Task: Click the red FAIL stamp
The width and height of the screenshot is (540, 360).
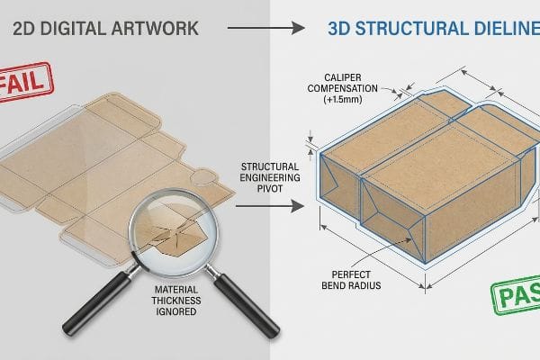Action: coord(25,82)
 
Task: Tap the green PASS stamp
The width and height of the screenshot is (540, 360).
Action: coord(517,295)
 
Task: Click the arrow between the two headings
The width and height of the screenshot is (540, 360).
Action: coord(265,28)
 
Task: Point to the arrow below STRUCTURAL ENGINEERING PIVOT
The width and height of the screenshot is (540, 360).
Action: coord(270,206)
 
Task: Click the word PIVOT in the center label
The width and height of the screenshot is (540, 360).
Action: coord(270,188)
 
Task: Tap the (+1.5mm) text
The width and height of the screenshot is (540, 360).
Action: coord(343,100)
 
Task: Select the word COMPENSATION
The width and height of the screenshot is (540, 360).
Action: coord(343,88)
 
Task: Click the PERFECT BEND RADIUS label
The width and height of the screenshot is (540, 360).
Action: coord(351,280)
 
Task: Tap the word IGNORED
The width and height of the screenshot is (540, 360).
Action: coord(176,311)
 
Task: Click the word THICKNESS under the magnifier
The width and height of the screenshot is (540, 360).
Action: coord(176,301)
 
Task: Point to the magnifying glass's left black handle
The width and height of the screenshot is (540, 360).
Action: coord(97,302)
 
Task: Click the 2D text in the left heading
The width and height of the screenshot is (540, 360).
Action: coord(23,28)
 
